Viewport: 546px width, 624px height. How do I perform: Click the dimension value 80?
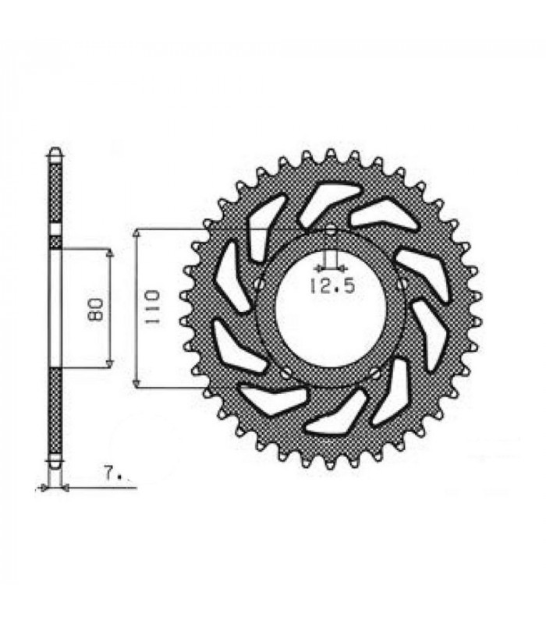96,309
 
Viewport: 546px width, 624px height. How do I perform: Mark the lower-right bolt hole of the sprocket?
376,375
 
